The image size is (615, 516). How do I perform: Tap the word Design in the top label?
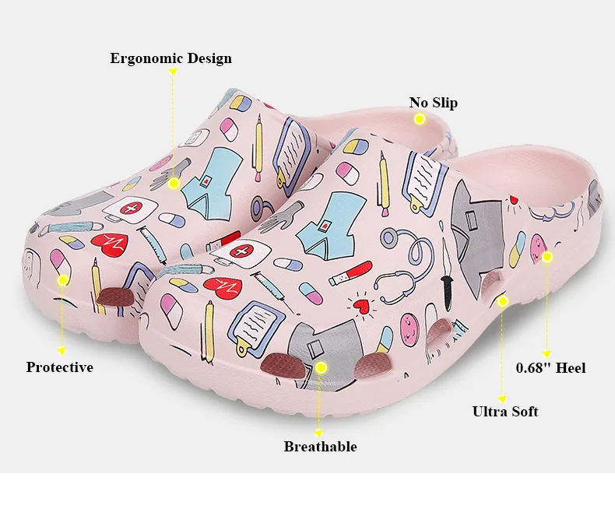206,58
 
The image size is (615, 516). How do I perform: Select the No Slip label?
434,103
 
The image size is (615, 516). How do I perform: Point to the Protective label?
60,367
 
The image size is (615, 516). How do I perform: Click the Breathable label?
320,447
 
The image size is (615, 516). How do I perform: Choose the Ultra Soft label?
505,412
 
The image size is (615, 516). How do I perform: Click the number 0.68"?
534,367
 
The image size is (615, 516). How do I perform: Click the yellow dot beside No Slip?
420,119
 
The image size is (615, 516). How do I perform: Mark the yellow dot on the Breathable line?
321,365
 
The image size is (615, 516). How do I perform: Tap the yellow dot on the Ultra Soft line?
503,300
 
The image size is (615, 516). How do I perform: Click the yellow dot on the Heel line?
547,256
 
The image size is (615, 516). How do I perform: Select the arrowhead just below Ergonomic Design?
174,72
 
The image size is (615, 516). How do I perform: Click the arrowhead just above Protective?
62,351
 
